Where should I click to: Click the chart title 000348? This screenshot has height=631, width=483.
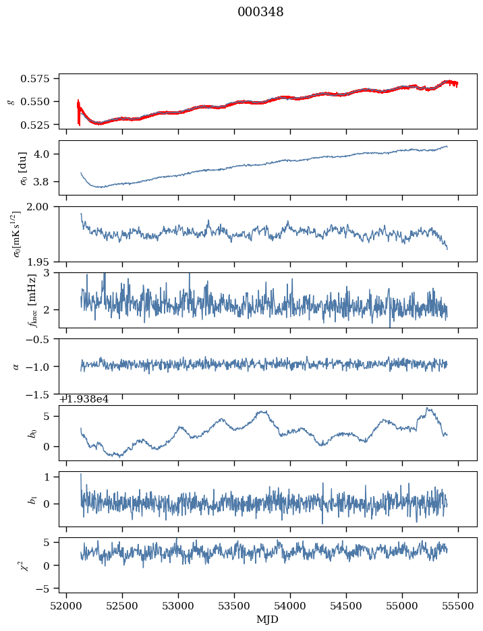point(260,12)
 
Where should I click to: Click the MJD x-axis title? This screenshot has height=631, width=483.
point(268,618)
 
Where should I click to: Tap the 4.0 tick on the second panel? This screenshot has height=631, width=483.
point(46,154)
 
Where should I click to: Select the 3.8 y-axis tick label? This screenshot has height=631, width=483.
point(46,182)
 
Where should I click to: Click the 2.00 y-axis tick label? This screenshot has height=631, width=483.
point(43,207)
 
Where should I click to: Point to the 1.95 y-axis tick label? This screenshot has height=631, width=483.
point(43,262)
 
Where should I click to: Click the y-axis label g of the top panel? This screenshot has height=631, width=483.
point(10,101)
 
